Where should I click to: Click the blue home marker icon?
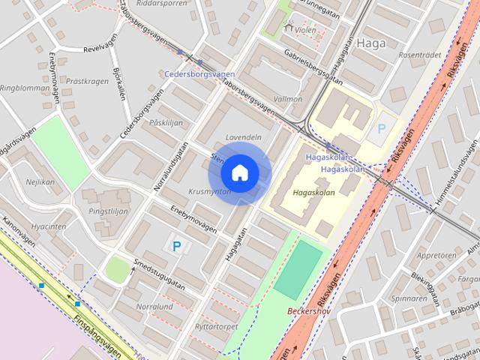coord(239,172)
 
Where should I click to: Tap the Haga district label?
coord(371,43)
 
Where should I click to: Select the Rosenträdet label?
coord(419,55)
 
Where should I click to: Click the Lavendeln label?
coord(243,138)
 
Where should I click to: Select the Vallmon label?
coord(289,98)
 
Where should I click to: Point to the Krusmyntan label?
coord(209,191)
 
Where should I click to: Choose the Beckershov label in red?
coord(309,310)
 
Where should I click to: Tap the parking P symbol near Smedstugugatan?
coord(177,245)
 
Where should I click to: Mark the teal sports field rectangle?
coord(298,268)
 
